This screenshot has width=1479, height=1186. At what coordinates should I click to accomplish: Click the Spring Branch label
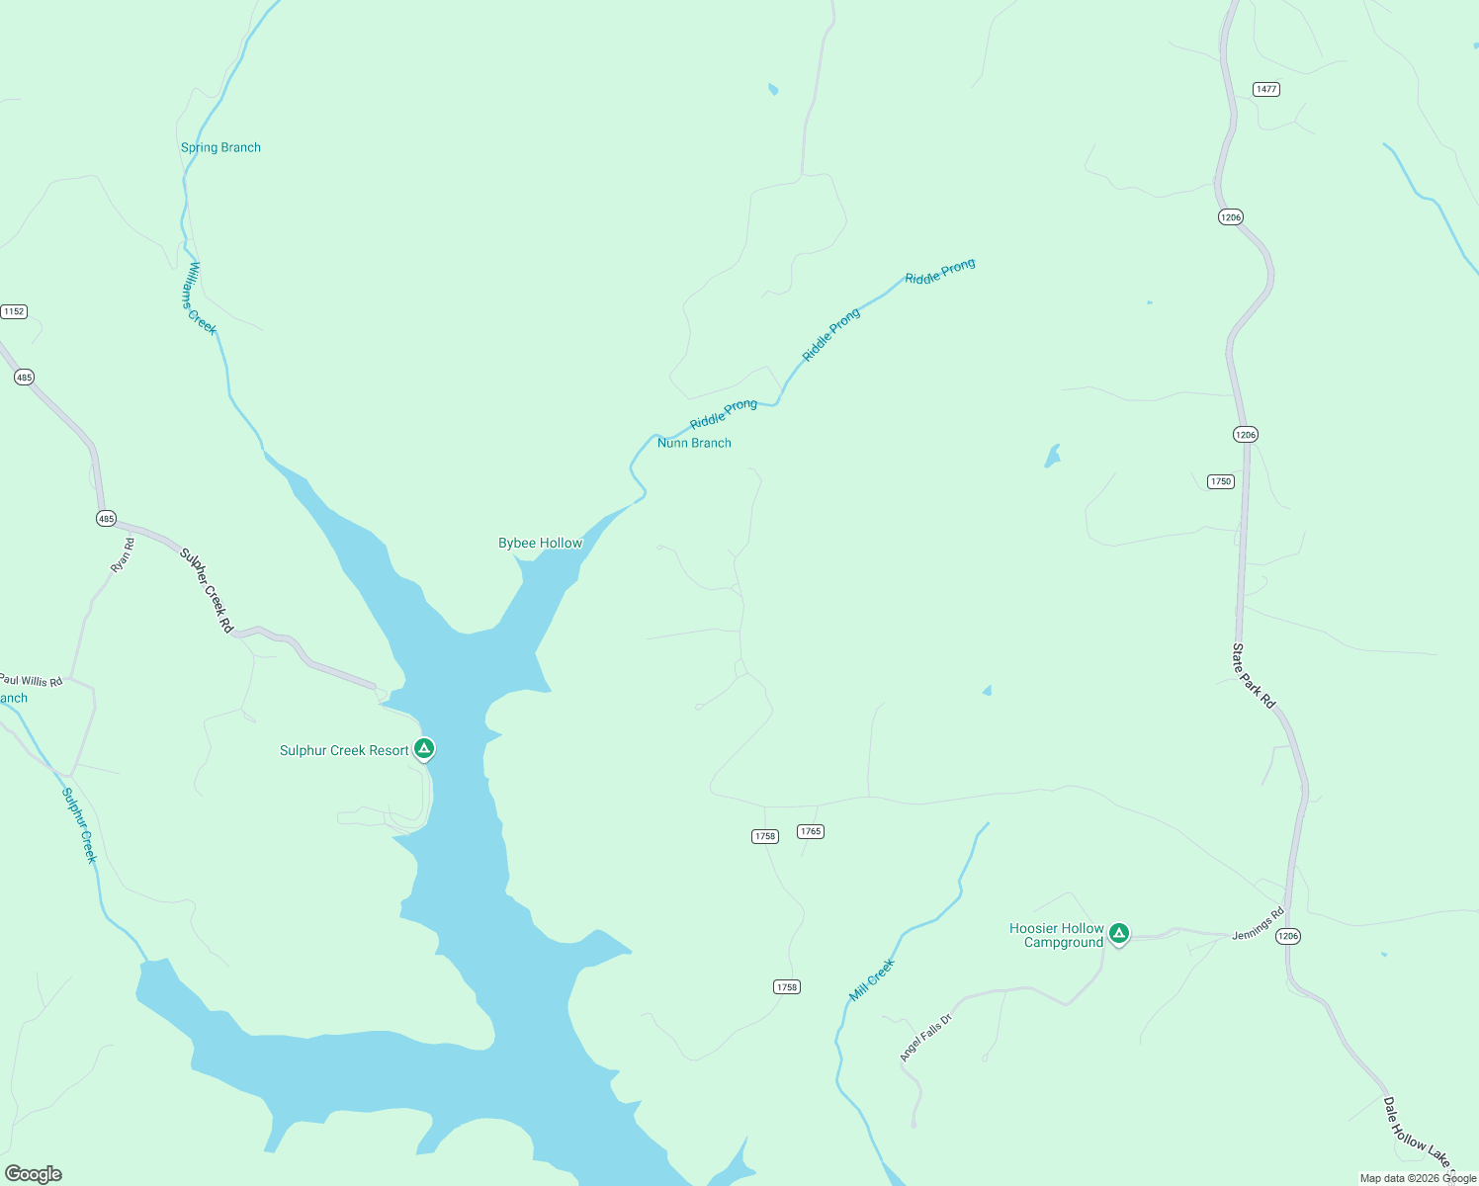point(220,147)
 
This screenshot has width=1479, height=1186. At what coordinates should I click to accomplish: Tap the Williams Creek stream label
point(198,298)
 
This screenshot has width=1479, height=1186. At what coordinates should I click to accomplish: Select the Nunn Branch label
point(694,443)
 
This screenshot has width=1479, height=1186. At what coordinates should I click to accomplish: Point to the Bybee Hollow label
point(540,543)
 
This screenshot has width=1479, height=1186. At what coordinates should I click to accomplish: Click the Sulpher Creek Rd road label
point(207,591)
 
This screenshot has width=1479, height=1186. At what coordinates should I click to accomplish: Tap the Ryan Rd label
point(123,555)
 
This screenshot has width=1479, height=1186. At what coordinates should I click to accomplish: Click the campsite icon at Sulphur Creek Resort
point(424,749)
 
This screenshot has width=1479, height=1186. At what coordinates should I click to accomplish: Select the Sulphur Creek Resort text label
point(344,750)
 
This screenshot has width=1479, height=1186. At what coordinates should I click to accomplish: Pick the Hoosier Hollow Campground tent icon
point(1118,932)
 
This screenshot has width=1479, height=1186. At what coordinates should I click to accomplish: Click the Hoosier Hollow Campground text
point(1057,935)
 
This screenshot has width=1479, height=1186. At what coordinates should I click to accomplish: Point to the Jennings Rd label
point(1258,924)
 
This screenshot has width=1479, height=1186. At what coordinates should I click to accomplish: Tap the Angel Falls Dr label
point(925,1038)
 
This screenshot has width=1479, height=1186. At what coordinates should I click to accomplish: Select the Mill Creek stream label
point(872,979)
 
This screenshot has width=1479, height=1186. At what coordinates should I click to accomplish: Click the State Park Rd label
point(1254,675)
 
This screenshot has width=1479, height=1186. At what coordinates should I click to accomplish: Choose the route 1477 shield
point(1266,89)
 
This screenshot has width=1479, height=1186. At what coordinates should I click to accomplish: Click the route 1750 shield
point(1221,481)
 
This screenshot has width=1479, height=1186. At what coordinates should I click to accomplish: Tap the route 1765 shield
point(811,831)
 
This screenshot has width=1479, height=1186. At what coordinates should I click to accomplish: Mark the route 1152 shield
point(14,311)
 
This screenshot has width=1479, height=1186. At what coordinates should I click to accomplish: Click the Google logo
point(34,1174)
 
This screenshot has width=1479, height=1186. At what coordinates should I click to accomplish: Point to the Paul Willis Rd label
point(31,681)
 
